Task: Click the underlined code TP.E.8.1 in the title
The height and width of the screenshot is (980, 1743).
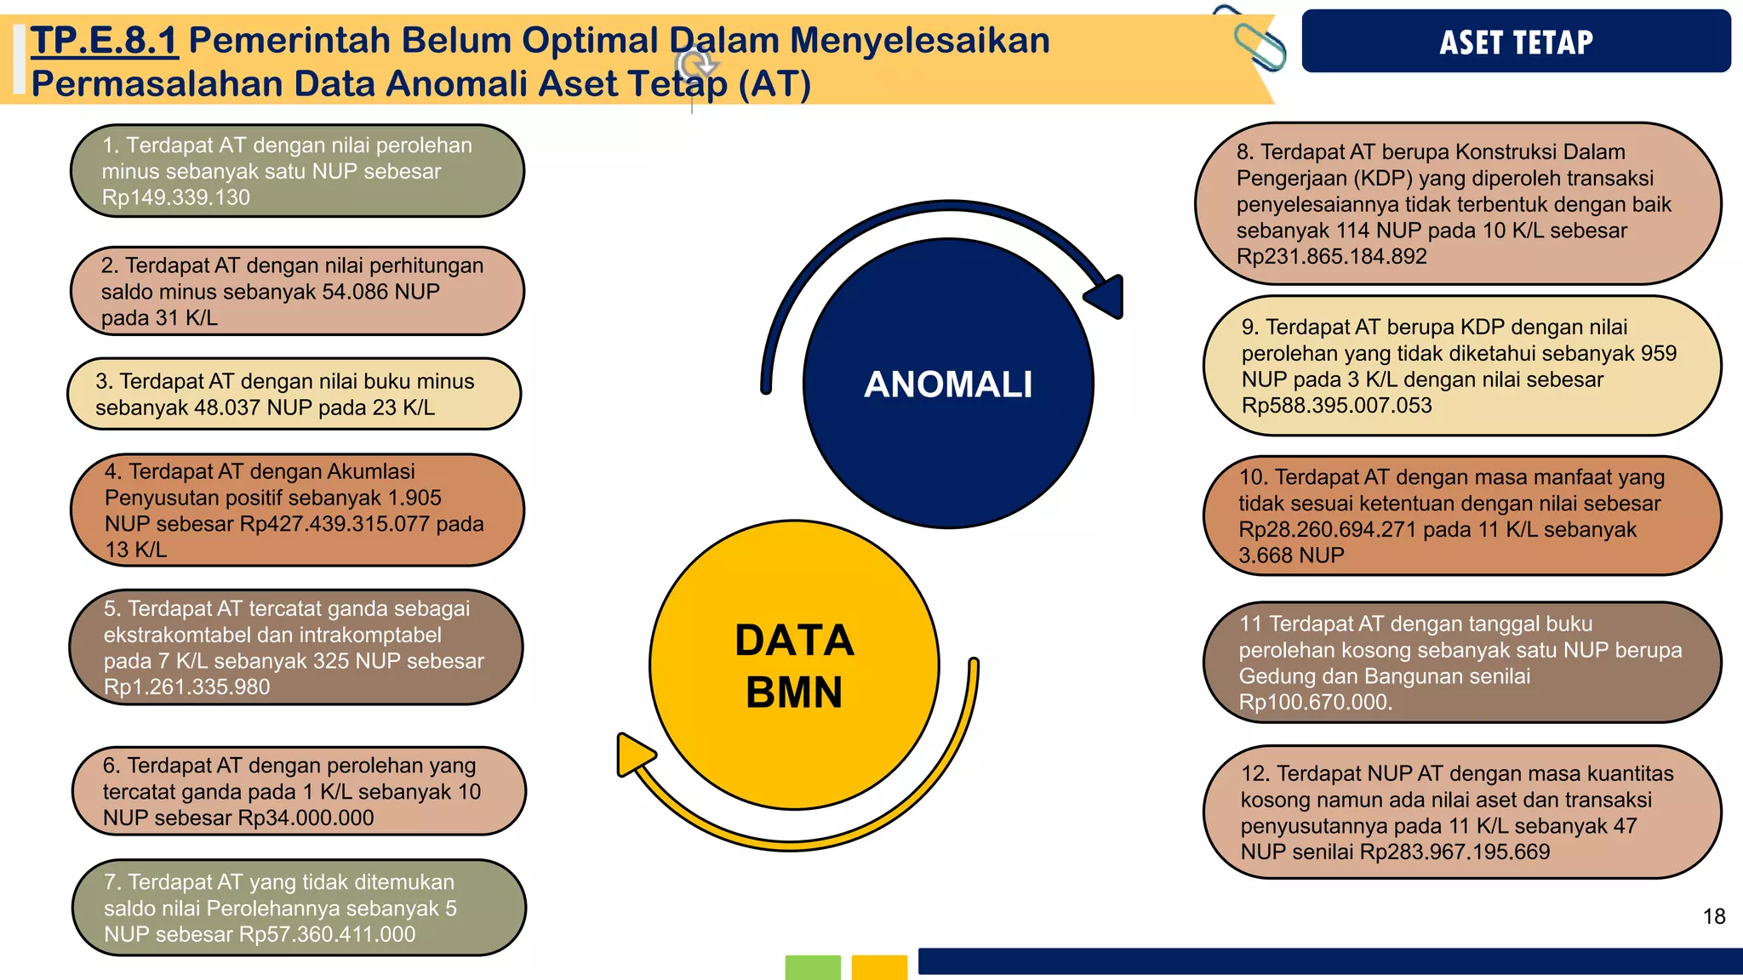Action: coord(104,41)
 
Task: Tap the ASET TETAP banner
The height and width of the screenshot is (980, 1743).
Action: coord(1516,42)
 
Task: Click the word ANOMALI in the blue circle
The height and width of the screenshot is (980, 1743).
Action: coord(948,385)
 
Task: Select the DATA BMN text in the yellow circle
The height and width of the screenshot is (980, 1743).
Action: coord(794,665)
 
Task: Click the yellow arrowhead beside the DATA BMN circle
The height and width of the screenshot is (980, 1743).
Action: coord(633,755)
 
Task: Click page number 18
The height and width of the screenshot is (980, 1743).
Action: coord(1713,916)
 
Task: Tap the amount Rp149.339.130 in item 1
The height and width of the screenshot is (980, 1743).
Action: coord(175,197)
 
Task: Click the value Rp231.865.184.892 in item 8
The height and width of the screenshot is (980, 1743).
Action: coord(1331,256)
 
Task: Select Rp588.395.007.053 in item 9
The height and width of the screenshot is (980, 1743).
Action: coord(1336,405)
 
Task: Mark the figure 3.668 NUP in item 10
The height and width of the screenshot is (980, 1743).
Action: coord(1291,556)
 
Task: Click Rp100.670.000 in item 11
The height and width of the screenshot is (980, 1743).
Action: coord(1314,702)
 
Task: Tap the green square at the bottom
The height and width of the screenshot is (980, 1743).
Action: coord(812,967)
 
